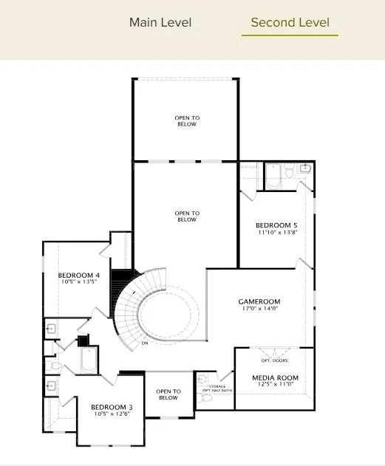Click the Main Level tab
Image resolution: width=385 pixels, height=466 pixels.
160,22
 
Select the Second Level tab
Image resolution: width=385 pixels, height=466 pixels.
290,22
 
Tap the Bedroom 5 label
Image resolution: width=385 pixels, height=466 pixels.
276,225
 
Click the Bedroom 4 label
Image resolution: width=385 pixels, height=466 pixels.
79,275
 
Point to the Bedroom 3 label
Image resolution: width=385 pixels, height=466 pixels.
112,407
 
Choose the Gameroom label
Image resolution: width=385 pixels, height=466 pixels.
259,301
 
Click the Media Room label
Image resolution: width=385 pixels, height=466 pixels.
274,377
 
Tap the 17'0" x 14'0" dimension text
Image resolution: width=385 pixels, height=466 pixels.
259,310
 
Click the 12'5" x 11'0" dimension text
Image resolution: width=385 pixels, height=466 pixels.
274,386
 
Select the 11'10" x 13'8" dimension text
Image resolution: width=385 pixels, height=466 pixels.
276,233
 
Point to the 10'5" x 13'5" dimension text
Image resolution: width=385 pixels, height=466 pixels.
79,283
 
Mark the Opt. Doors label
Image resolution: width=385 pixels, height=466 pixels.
274,360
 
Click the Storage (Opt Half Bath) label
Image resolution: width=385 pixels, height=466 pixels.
217,388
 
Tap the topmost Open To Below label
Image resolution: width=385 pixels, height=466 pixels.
187,121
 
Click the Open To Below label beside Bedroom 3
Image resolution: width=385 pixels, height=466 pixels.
168,395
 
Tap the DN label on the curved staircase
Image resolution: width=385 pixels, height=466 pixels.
145,343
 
